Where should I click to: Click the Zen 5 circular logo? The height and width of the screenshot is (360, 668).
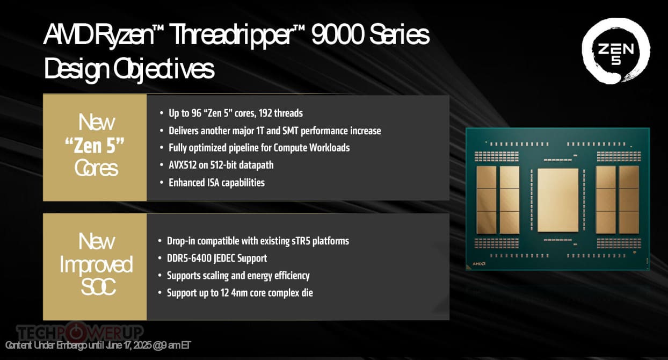tap(616, 51)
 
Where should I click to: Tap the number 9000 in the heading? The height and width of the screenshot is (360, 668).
tap(338, 34)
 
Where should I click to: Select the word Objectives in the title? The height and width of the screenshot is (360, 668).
tap(164, 69)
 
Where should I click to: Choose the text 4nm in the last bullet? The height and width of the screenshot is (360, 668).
tap(238, 293)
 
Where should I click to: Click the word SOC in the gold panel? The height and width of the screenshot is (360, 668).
tap(98, 287)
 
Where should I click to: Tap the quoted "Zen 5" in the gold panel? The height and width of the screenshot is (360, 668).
tap(95, 146)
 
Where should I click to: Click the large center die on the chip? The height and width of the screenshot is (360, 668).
tap(557, 200)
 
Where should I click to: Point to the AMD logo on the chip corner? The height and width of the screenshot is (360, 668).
tap(479, 264)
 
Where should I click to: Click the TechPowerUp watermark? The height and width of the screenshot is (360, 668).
tap(80, 332)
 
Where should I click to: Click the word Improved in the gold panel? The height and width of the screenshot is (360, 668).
tap(96, 264)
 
